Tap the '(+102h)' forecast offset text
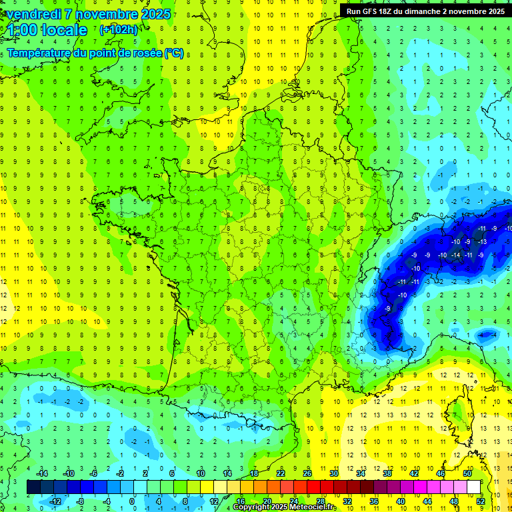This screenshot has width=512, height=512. (119, 29)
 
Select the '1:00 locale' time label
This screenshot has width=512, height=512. (47, 30)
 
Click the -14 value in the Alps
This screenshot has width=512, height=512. (456, 255)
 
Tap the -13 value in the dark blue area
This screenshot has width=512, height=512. (481, 242)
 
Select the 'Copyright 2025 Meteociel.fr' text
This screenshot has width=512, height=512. (284, 507)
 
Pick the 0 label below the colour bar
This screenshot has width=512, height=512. (132, 501)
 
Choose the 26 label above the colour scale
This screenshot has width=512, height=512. (307, 473)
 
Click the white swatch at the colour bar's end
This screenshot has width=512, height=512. (473, 487)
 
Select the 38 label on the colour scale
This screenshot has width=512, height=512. (387, 473)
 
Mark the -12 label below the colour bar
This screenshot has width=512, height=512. (55, 501)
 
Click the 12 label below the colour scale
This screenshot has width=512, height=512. (213, 501)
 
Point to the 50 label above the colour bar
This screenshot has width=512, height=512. (467, 473)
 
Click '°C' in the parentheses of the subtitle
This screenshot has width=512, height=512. (173, 53)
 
